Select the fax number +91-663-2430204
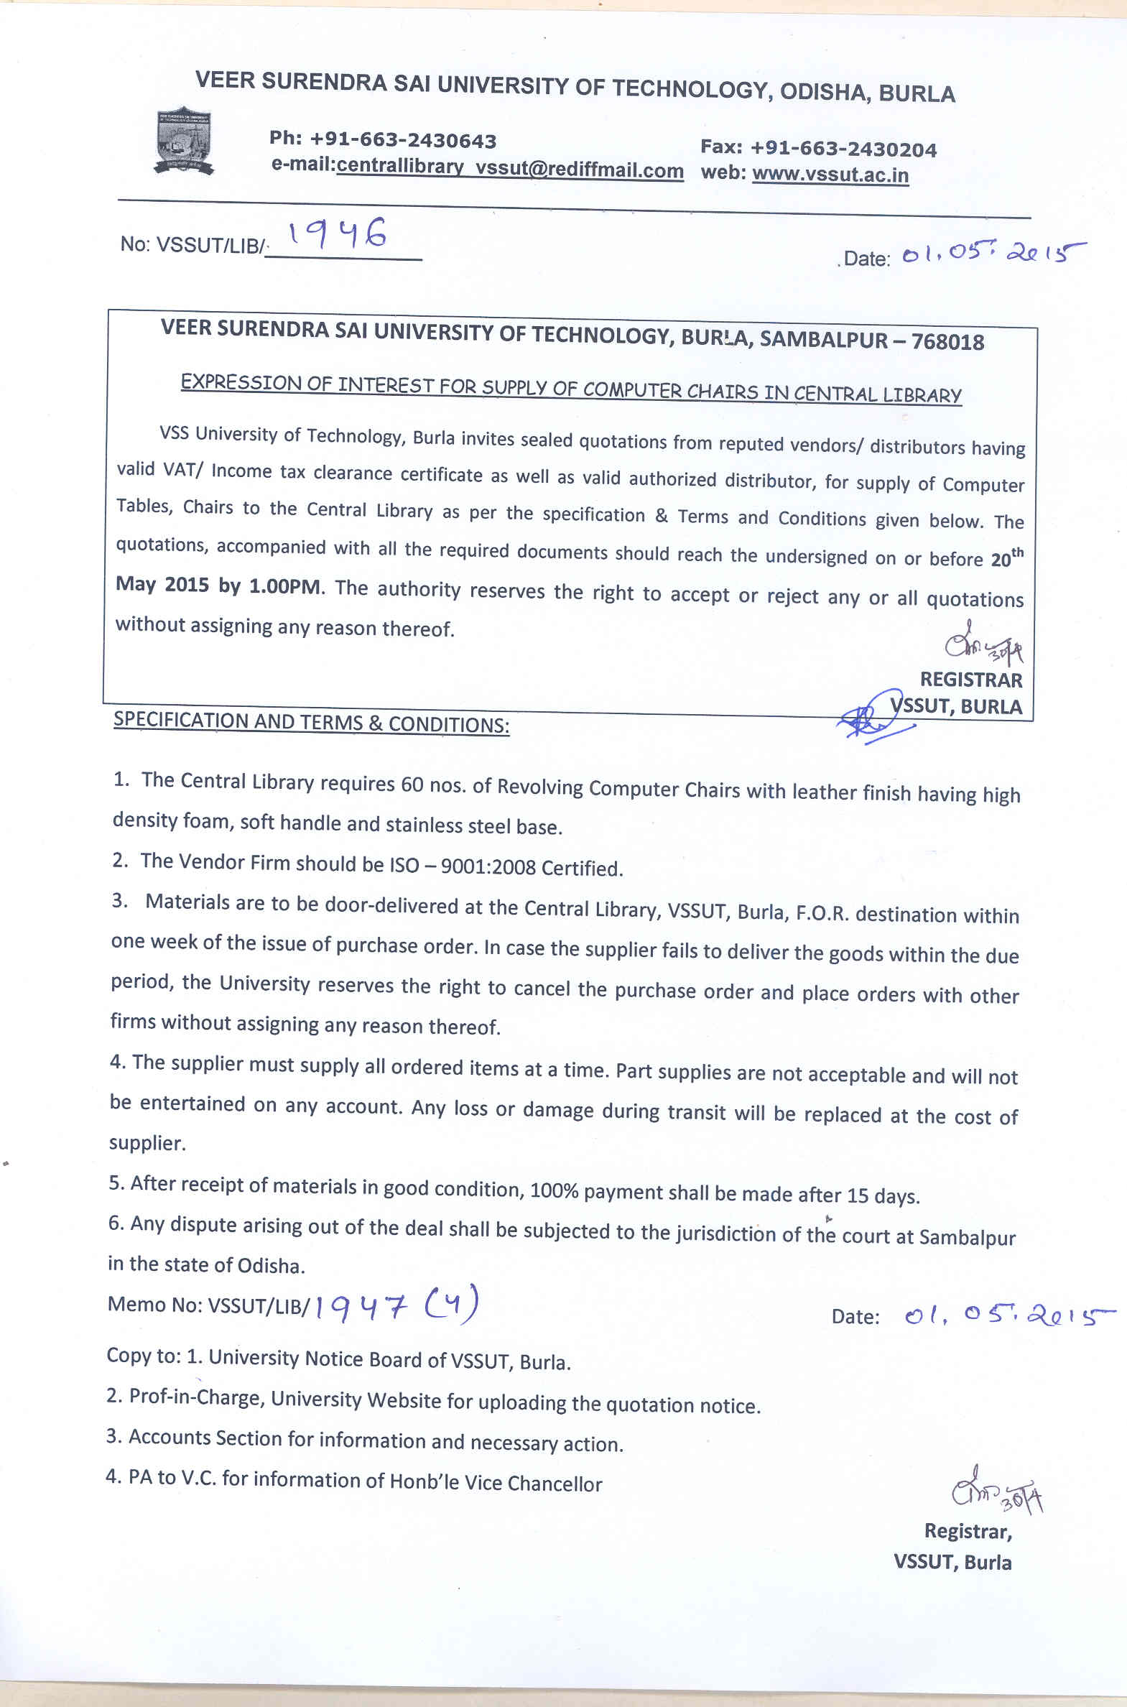point(843,149)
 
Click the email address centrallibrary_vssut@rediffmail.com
point(509,169)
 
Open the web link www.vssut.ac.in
point(830,175)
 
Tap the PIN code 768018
point(947,341)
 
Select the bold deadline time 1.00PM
point(286,586)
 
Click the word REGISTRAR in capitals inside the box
point(970,680)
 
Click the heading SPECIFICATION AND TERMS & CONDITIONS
point(311,721)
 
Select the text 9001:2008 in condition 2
point(488,867)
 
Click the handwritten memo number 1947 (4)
point(396,1308)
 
